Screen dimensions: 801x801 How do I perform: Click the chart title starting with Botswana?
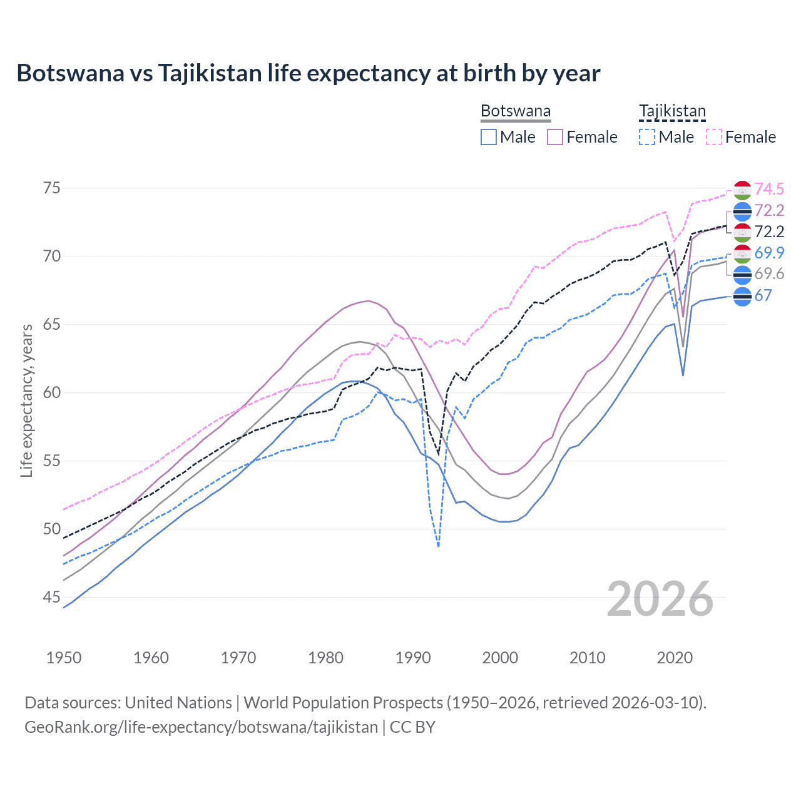308,73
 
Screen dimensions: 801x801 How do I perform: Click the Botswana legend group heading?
515,111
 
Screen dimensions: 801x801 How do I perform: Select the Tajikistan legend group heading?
672,111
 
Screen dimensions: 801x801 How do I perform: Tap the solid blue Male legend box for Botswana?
489,137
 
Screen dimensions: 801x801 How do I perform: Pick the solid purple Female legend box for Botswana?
555,137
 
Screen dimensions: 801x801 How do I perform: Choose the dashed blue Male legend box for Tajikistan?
647,137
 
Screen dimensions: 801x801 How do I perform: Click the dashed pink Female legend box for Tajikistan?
713,137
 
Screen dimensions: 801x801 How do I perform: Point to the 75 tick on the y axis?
52,188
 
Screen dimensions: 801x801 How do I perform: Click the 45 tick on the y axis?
52,598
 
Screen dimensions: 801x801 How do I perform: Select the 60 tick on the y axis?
52,393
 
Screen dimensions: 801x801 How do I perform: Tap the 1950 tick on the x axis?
64,658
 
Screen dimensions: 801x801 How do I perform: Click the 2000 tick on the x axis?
500,658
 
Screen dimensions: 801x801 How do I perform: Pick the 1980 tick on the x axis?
325,658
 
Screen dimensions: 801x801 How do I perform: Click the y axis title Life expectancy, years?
27,400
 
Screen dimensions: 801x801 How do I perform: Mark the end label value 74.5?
769,189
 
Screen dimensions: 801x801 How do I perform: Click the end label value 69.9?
769,253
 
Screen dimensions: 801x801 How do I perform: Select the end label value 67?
763,295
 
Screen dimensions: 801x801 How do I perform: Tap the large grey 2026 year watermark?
660,599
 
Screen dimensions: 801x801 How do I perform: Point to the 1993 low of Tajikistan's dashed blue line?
439,546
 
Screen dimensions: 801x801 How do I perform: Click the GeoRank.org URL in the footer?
201,727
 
